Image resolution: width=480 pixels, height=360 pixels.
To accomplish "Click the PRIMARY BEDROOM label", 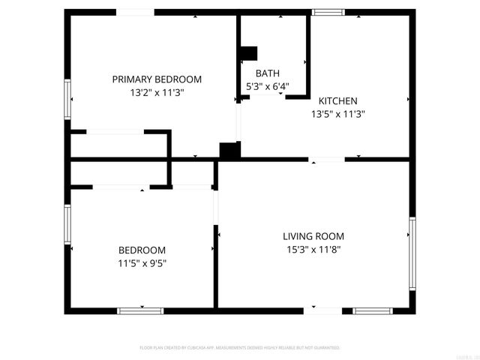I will click(157, 79).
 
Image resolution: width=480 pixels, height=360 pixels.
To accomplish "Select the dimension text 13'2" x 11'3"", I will click(157, 92).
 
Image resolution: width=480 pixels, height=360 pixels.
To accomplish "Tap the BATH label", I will click(268, 73).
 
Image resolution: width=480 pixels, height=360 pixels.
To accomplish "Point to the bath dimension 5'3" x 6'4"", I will click(268, 86).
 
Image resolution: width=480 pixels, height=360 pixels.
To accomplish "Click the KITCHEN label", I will click(338, 101).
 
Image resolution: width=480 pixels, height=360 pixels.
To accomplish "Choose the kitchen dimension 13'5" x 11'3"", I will click(338, 115).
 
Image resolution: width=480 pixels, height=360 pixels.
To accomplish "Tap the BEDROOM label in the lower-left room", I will click(142, 250).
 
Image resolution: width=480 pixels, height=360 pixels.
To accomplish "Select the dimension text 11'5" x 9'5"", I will click(142, 263).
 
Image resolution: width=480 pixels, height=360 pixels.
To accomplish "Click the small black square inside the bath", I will click(248, 53).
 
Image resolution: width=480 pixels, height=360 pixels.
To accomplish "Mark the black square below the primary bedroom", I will click(229, 150).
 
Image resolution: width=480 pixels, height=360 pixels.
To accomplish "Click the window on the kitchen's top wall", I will click(328, 12).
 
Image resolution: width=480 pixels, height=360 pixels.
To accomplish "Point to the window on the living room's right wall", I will click(412, 253).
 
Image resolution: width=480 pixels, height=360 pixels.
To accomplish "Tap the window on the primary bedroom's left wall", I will click(68, 99).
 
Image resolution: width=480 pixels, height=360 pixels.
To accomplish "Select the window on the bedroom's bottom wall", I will click(140, 310).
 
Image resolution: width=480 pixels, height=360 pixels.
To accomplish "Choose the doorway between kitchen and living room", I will click(327, 159).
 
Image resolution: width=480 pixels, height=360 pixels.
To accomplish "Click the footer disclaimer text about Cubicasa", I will click(240, 348).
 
